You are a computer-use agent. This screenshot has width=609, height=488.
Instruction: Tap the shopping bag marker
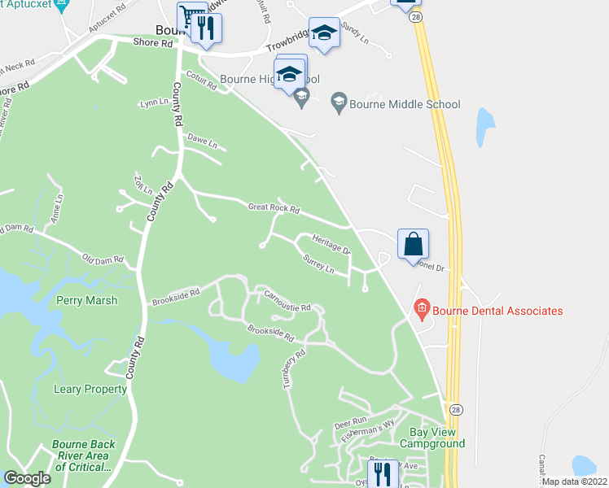click(x=413, y=243)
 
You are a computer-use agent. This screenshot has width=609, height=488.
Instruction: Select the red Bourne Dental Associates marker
click(x=422, y=310)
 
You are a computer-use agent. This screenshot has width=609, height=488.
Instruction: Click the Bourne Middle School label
click(x=405, y=104)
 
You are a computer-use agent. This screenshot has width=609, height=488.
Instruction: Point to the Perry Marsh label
click(x=86, y=300)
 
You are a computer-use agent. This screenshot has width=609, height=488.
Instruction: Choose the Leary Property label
click(x=90, y=390)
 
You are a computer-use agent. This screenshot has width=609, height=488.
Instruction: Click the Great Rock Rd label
click(x=274, y=211)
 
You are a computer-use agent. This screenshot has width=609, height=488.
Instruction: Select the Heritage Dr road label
click(x=331, y=244)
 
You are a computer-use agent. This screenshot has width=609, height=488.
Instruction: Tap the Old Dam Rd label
click(x=103, y=259)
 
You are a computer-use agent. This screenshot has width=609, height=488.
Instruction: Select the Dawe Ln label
click(x=203, y=142)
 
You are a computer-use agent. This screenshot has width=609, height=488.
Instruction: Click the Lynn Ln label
click(x=154, y=103)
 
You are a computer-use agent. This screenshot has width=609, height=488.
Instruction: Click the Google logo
click(x=28, y=478)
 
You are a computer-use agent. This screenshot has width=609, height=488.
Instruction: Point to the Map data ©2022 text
click(x=575, y=481)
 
